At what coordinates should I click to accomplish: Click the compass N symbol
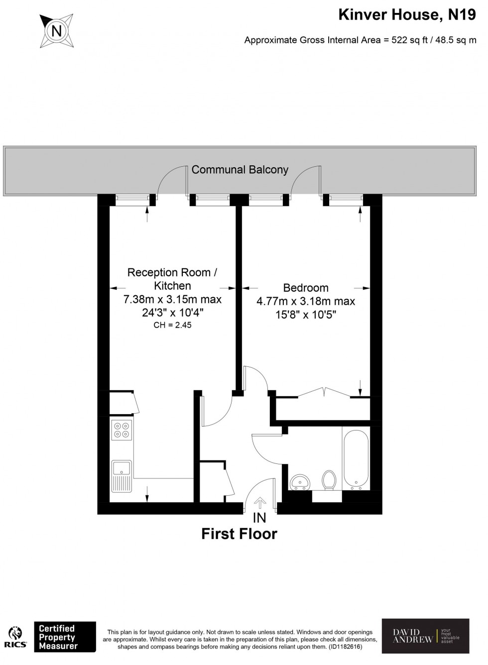tap(56, 30)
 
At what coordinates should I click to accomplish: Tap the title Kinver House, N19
tap(407, 15)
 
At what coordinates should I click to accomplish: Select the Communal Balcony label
tap(240, 170)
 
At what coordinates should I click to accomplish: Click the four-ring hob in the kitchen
tap(122, 430)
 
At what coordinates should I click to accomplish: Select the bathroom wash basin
tap(300, 481)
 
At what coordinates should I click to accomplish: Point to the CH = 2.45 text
tap(172, 325)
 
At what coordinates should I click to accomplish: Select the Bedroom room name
tap(306, 288)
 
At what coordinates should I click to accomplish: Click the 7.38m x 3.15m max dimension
tap(173, 299)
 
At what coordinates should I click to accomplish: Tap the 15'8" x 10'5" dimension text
tap(306, 315)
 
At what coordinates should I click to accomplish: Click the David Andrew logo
tap(425, 636)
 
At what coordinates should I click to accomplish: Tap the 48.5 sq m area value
tap(456, 40)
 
